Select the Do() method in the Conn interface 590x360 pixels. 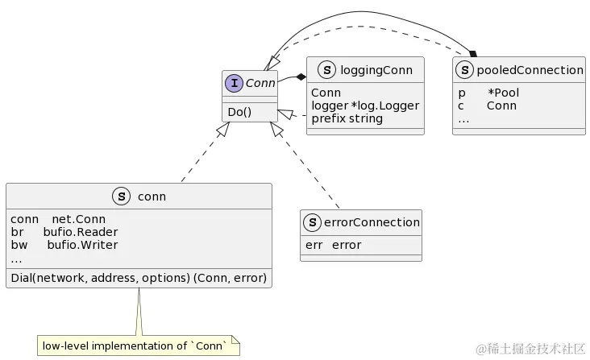pos(240,112)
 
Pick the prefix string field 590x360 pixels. pos(347,118)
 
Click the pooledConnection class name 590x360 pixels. pos(530,70)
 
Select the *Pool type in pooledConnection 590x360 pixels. pos(503,93)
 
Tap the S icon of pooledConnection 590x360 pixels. pos(465,70)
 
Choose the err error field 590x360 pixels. pos(334,245)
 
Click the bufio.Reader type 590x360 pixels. pos(80,231)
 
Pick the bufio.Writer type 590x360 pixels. pos(82,244)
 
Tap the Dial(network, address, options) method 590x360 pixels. pos(138,278)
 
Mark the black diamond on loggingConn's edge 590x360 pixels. pos(301,76)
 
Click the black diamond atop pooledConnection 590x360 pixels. pos(473,53)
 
